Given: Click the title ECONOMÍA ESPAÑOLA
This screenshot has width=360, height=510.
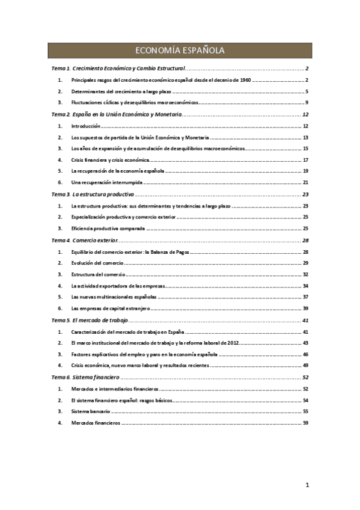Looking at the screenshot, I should pyautogui.click(x=180, y=51).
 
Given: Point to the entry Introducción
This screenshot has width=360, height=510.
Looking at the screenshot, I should pyautogui.click(x=85, y=126).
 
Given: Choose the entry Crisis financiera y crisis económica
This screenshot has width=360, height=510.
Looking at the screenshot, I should pyautogui.click(x=109, y=160).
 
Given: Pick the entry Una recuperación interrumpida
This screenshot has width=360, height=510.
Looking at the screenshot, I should pyautogui.click(x=105, y=183).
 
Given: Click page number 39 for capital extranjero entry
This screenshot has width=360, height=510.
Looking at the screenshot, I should pyautogui.click(x=305, y=309).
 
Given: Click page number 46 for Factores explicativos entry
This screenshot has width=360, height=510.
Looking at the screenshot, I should pyautogui.click(x=305, y=355).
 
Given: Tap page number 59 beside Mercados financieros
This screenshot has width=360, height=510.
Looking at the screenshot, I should pyautogui.click(x=305, y=423).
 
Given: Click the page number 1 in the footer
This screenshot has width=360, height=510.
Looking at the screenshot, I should pyautogui.click(x=307, y=485).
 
